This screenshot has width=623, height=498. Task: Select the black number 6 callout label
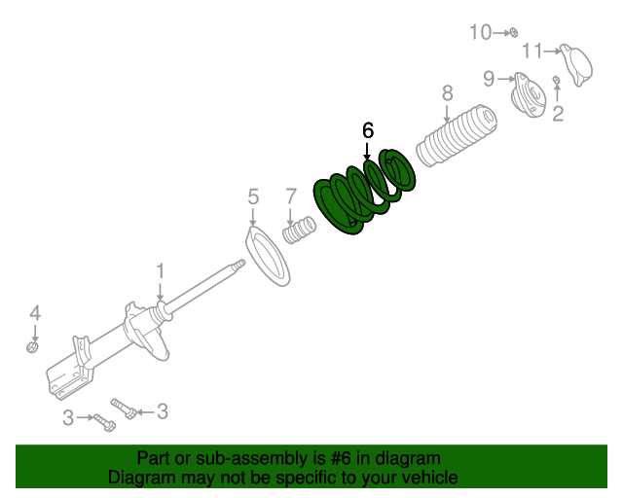367,130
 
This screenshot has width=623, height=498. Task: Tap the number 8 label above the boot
447,93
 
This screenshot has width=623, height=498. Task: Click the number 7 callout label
290,196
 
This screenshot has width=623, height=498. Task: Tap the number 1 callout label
161,270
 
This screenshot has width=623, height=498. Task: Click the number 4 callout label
34,313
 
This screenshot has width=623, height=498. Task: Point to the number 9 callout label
490,78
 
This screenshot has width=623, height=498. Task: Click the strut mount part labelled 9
531,94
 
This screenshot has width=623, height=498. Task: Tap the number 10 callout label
481,32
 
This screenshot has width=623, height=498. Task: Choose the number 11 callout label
531,51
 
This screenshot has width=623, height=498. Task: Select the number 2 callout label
558,116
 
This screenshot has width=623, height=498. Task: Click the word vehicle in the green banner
426,478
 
